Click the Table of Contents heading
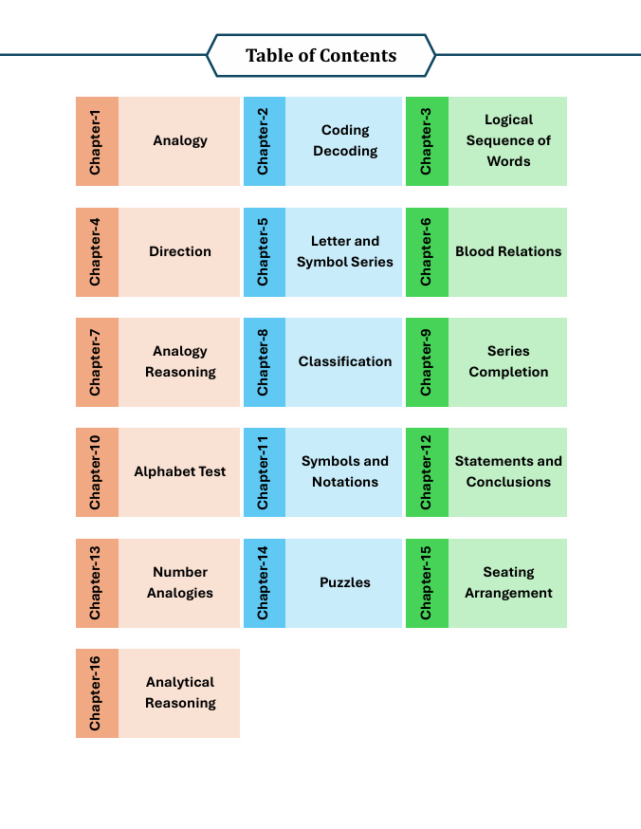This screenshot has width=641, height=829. (320, 55)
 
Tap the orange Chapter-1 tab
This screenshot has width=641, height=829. (97, 140)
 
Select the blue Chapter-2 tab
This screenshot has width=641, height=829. (265, 140)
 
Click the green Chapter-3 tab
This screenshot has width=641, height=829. (427, 140)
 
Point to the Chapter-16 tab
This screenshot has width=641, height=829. (97, 693)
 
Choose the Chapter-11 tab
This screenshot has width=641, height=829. (265, 472)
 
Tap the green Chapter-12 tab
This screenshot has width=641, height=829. (427, 472)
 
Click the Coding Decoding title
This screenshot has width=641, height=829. (345, 140)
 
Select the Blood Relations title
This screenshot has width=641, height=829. (508, 251)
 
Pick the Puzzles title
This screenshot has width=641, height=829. (345, 582)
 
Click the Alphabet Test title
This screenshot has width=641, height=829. (180, 471)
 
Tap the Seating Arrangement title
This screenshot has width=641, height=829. (508, 582)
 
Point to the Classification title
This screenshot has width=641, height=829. (345, 361)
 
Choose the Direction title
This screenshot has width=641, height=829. (180, 251)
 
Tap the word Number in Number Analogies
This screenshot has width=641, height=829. (180, 572)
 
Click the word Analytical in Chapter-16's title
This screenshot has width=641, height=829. (180, 682)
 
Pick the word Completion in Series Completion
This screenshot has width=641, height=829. (508, 372)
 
